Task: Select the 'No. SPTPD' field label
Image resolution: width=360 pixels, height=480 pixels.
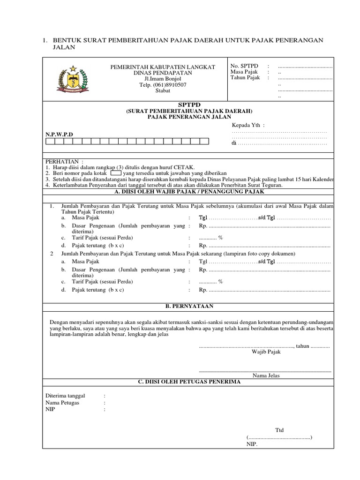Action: pyautogui.click(x=244, y=66)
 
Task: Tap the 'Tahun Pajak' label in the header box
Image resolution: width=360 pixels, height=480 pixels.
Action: pyautogui.click(x=245, y=78)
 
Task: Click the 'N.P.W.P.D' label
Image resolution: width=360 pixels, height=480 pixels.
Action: pyautogui.click(x=59, y=134)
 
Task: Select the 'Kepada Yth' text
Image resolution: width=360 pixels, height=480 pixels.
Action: pyautogui.click(x=248, y=125)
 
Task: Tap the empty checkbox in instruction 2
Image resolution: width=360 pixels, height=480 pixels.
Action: pyautogui.click(x=115, y=173)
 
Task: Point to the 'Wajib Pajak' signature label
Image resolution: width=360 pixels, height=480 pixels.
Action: pyautogui.click(x=266, y=352)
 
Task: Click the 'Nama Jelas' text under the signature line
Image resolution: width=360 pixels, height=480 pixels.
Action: pyautogui.click(x=266, y=375)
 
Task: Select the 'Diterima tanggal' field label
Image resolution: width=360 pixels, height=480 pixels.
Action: pyautogui.click(x=65, y=396)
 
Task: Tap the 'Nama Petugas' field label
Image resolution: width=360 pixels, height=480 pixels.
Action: pyautogui.click(x=62, y=403)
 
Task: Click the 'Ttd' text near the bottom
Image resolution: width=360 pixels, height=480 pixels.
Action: pyautogui.click(x=279, y=430)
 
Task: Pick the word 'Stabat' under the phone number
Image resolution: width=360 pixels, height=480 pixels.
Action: pyautogui.click(x=162, y=91)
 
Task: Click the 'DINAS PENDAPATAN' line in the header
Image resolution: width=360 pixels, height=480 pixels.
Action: pyautogui.click(x=162, y=73)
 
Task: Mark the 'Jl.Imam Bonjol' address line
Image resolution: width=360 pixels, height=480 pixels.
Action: pyautogui.click(x=162, y=79)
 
